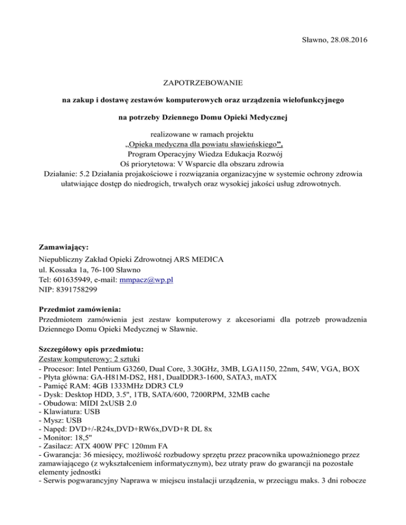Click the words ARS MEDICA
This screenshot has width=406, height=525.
(201, 260)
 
